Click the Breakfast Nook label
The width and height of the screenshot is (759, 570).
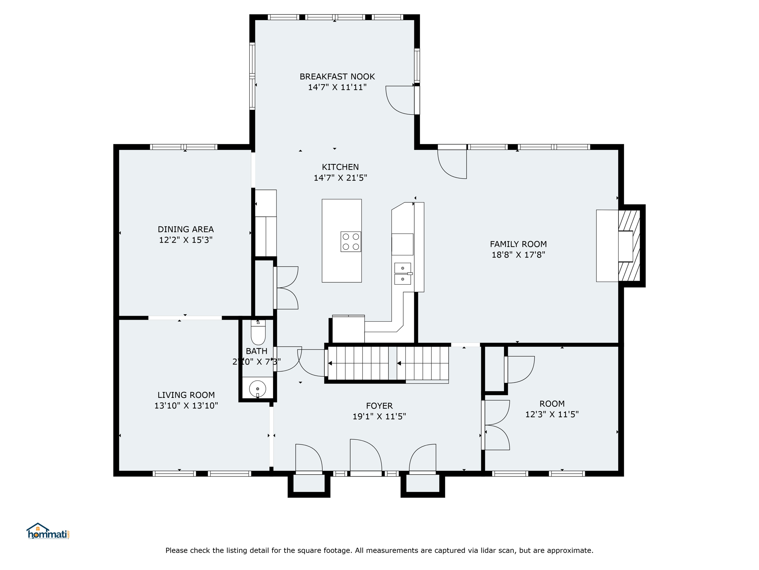tap(337, 77)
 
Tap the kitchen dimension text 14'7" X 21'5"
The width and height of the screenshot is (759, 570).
tap(340, 178)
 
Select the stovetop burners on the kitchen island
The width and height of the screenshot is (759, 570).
tap(351, 242)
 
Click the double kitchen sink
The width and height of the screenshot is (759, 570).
tap(403, 273)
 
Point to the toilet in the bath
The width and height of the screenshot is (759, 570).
tap(258, 332)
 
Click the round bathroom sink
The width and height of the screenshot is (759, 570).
tap(258, 389)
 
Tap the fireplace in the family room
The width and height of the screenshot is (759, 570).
tap(629, 246)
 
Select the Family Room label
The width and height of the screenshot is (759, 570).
tap(518, 244)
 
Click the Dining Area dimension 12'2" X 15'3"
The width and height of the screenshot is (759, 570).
tap(186, 240)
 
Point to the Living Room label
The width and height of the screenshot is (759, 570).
tap(186, 395)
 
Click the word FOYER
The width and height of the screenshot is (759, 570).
tap(379, 406)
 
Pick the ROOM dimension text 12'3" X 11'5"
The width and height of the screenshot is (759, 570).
tap(552, 415)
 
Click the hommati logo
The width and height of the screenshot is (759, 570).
tap(48, 531)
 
